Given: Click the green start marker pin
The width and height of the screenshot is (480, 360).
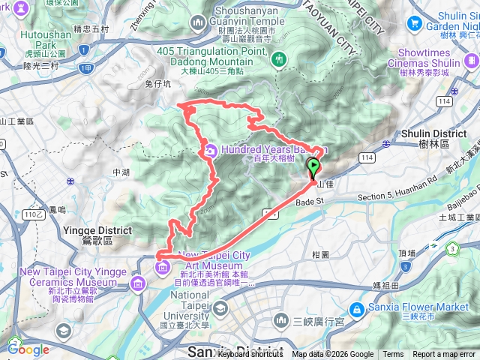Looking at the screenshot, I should tap(313, 166).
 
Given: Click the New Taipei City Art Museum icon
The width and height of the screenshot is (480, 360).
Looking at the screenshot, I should tap(161, 266).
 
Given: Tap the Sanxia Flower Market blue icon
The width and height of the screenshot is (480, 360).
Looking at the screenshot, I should tap(358, 307).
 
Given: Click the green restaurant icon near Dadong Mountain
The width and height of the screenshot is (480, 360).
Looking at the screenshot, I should tap(279, 58).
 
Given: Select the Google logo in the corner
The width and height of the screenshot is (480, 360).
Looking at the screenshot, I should tap(28, 349).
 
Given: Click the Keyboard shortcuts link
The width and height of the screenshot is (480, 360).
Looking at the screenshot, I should tap(250, 355).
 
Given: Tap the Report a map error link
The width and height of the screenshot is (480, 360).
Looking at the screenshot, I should tap(444, 355).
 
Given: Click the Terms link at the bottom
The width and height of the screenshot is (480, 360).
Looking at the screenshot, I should tap(392, 355).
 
